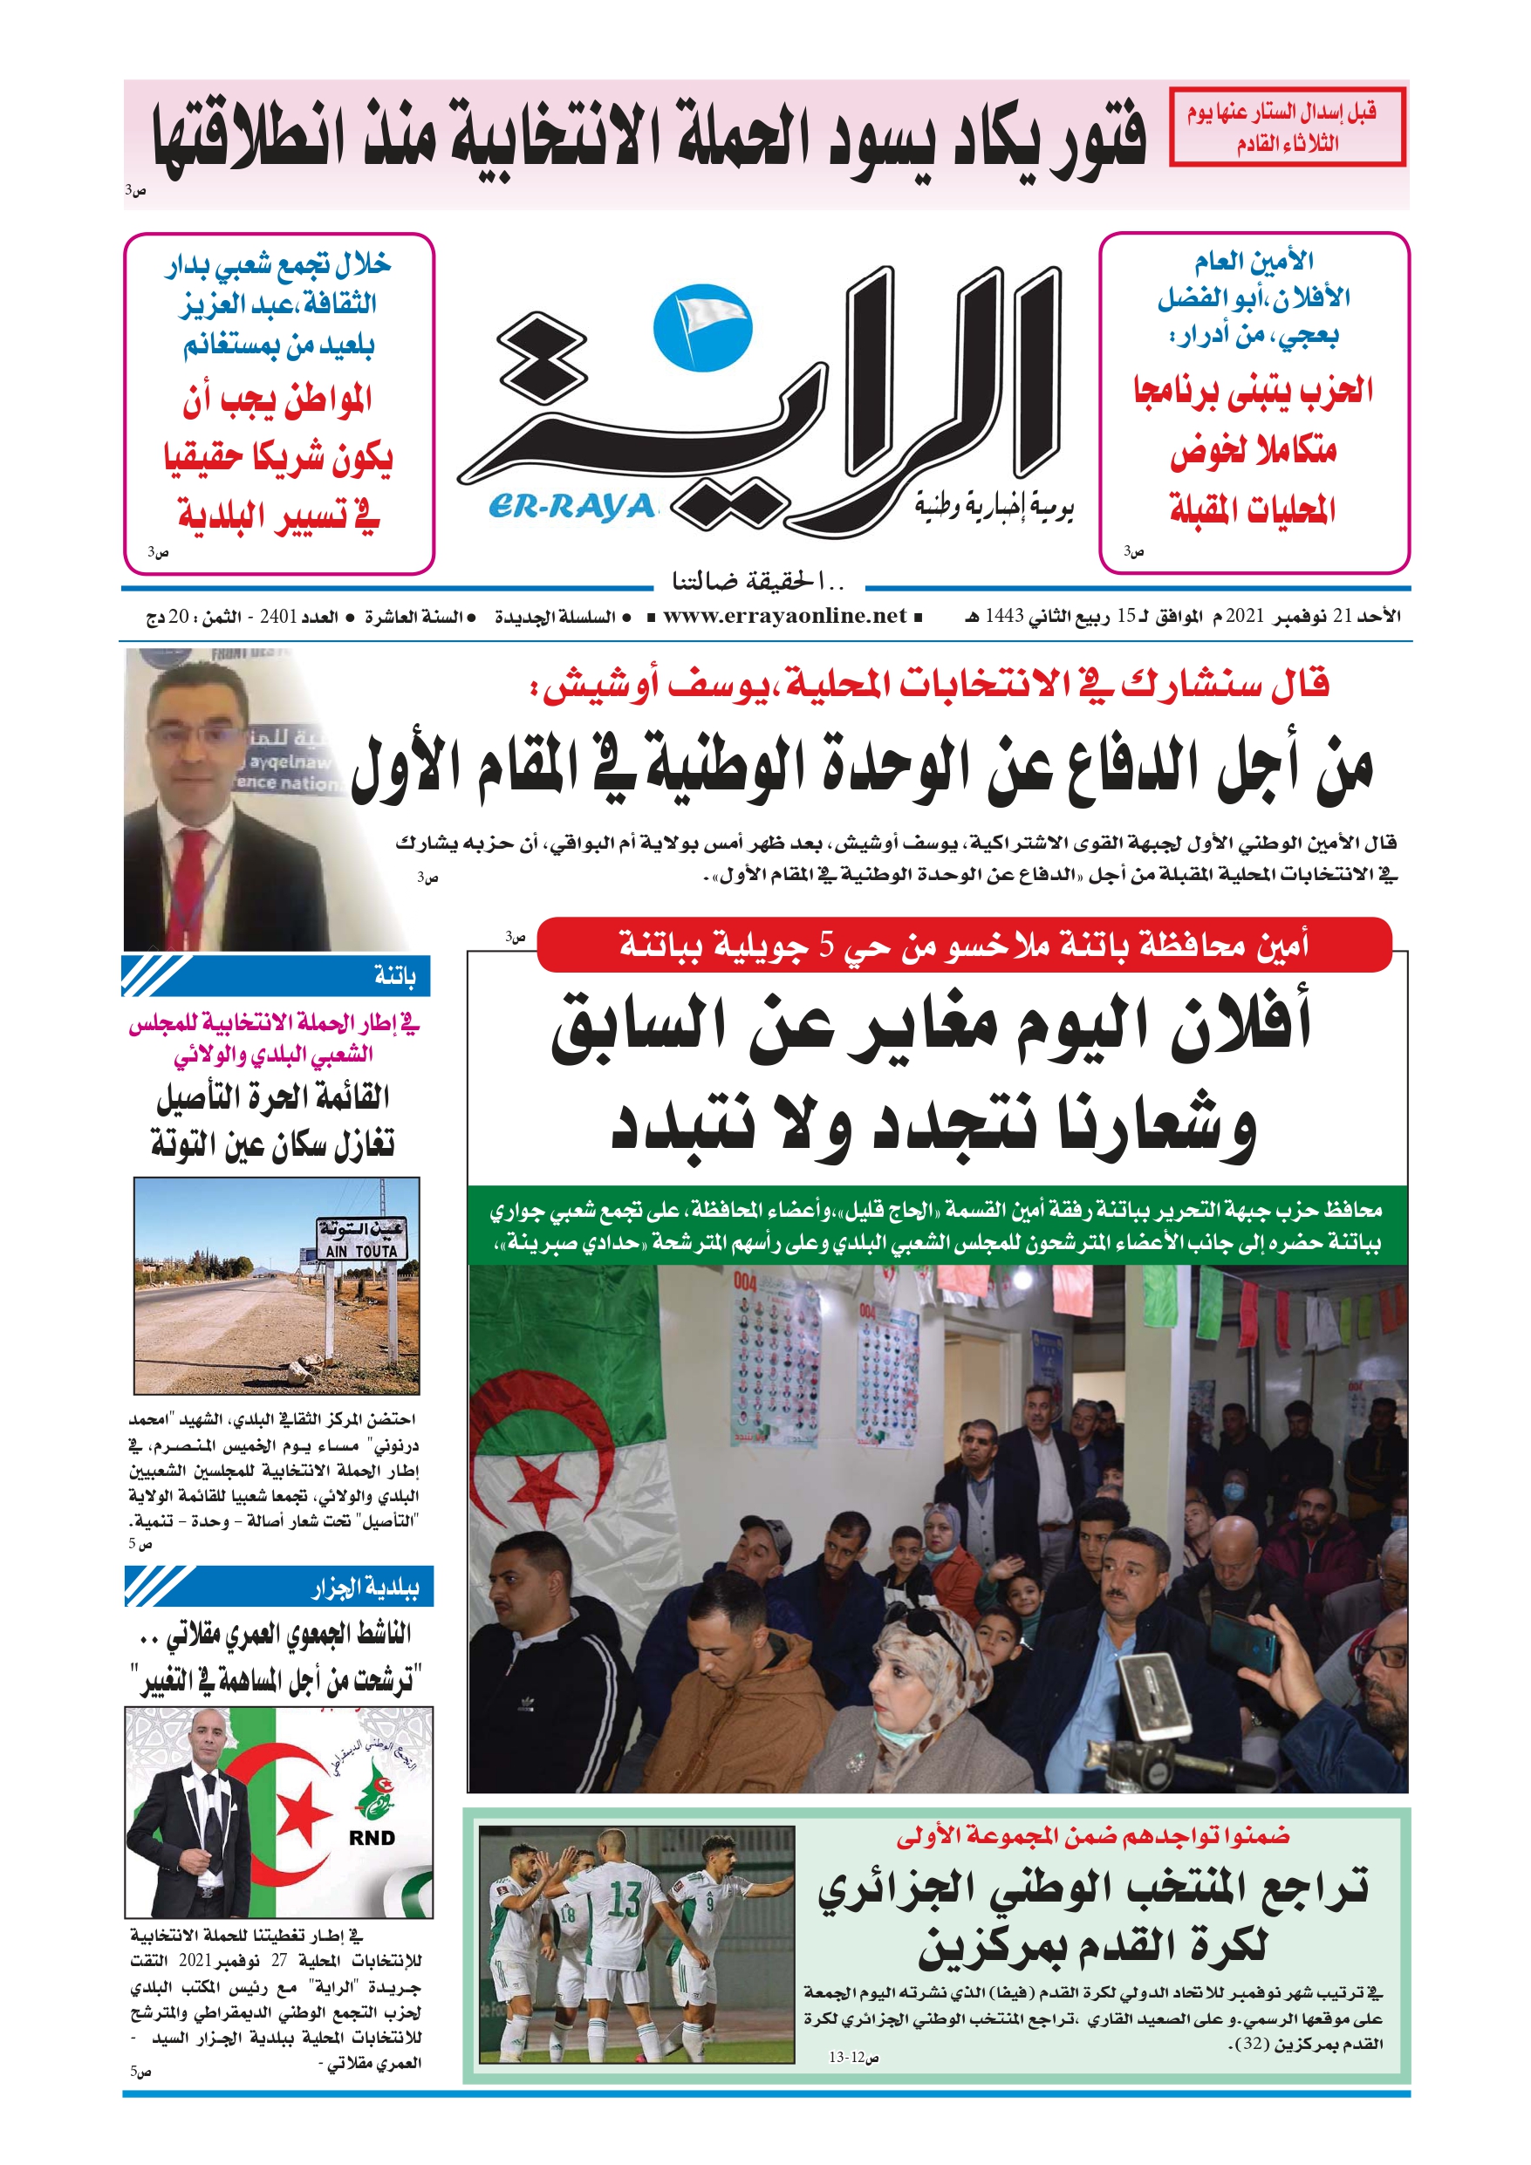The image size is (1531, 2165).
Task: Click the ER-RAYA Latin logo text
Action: [x=571, y=507]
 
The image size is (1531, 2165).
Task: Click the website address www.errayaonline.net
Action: [x=784, y=616]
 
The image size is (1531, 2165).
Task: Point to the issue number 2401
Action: [x=278, y=617]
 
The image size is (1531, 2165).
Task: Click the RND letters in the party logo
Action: [x=372, y=1838]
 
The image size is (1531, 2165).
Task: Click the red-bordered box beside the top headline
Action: [x=1287, y=127]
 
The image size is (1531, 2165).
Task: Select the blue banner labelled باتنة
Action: [x=277, y=975]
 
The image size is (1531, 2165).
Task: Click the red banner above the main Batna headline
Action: [x=963, y=944]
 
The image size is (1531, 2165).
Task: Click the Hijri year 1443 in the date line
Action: [x=1005, y=617]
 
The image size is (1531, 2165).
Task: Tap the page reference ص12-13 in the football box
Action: [x=854, y=2058]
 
